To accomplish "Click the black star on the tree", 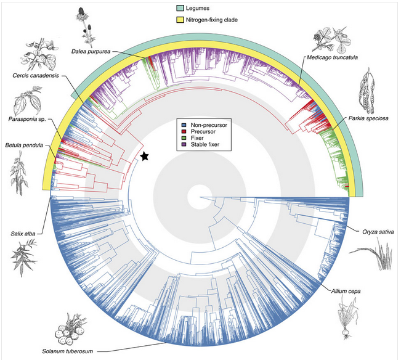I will pos(144,157).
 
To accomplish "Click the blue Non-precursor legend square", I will pos(179,125).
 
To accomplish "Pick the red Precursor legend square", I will pos(179,132).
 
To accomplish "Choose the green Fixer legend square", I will pos(179,139).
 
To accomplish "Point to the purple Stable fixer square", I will pos(179,145).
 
